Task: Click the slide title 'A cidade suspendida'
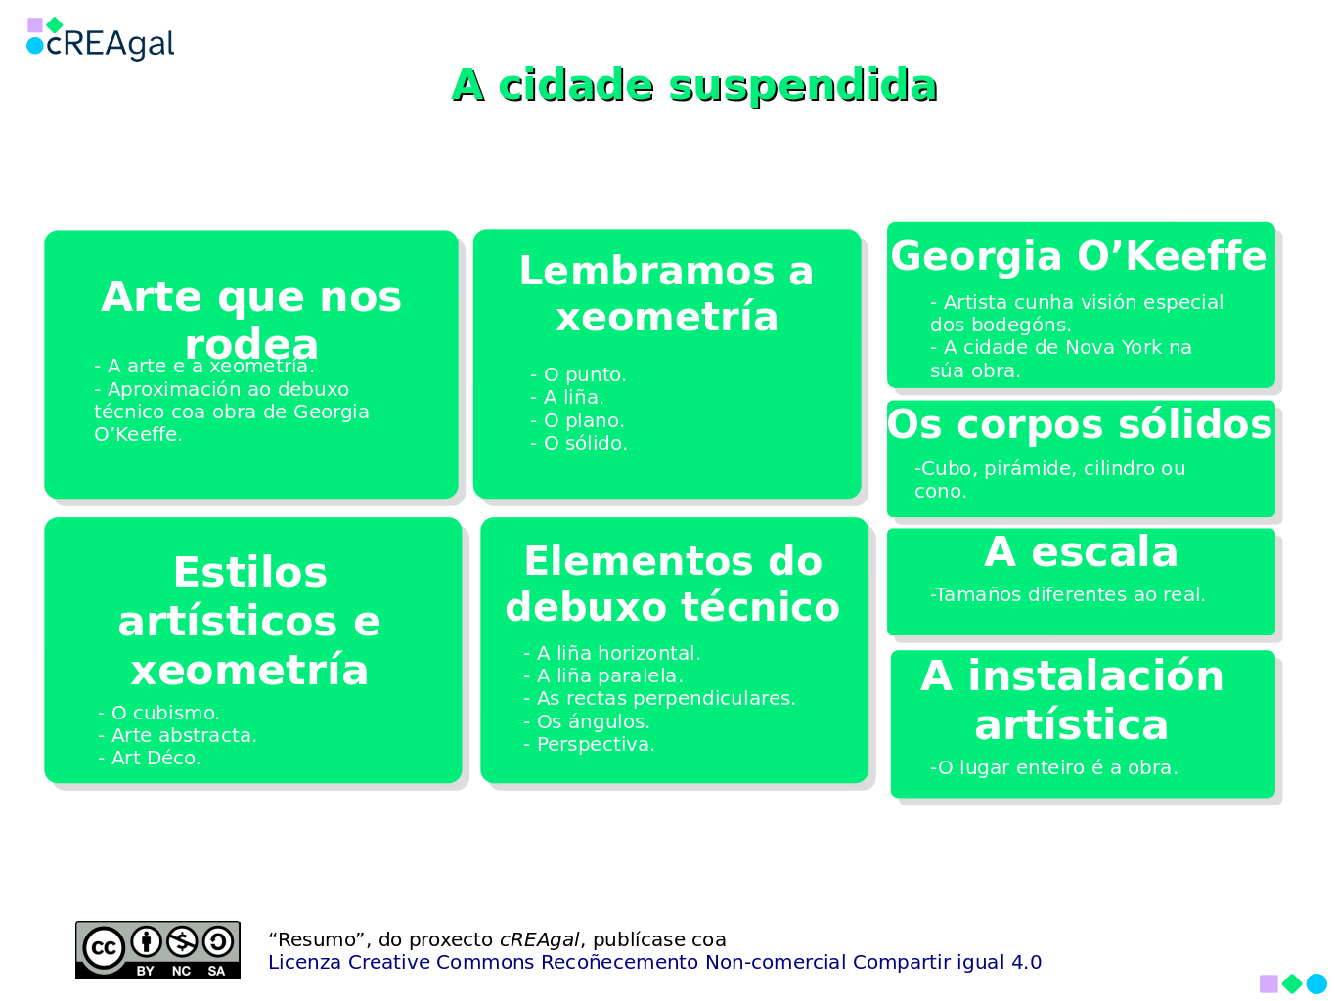point(694,86)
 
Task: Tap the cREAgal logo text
point(110,44)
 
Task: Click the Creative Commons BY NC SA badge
point(157,950)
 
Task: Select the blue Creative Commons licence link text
point(654,963)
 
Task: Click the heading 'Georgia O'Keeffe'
point(1079,256)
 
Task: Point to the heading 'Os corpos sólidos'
point(1080,425)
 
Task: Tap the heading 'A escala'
point(1081,552)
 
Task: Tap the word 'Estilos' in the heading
point(250,573)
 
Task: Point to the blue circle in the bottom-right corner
point(1316,983)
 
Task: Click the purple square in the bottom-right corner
point(1268,983)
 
